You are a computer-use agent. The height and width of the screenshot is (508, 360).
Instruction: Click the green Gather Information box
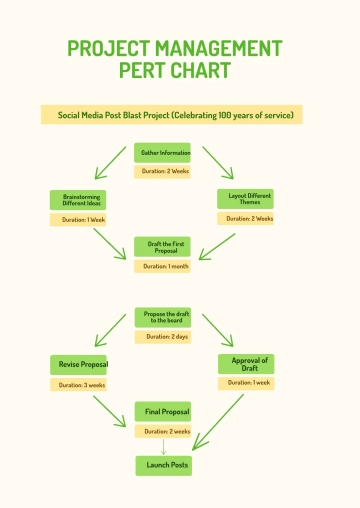tap(162, 152)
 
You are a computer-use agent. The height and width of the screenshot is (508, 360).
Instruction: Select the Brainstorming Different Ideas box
tap(78, 200)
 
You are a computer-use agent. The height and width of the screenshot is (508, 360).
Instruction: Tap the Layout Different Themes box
tap(246, 199)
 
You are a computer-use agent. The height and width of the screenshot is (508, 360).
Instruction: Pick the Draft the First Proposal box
tap(162, 246)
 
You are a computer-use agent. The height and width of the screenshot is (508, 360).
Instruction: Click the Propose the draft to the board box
tap(162, 317)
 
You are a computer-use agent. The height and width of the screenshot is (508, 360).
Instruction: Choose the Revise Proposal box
tap(78, 364)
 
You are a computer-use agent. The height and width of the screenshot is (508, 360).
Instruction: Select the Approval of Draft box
tap(246, 364)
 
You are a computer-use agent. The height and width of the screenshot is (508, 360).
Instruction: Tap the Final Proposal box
tap(162, 411)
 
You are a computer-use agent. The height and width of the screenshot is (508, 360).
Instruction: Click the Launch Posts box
tap(162, 465)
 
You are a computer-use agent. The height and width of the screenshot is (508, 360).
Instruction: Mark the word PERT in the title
tap(146, 71)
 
